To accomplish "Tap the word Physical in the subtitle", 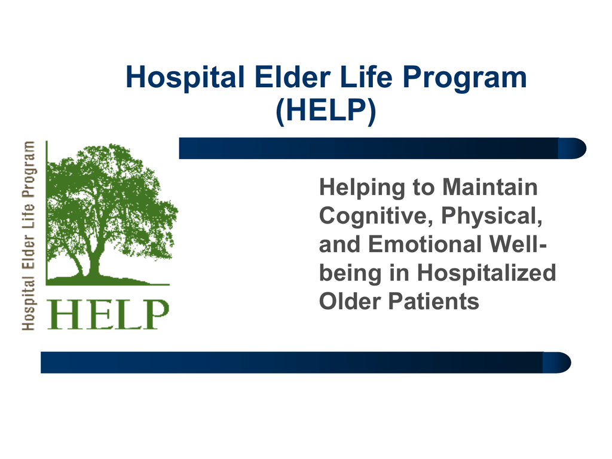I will (492, 216).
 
